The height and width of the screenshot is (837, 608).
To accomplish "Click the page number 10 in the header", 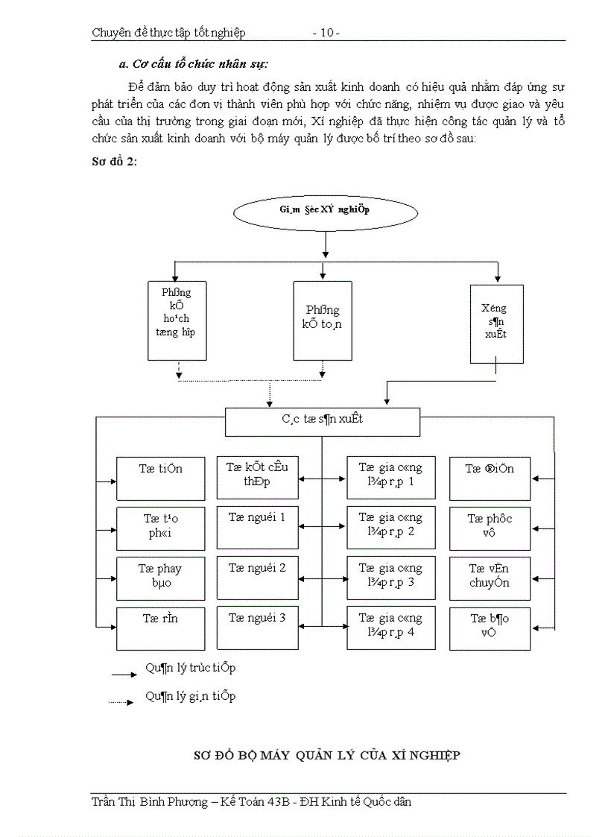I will click(326, 33).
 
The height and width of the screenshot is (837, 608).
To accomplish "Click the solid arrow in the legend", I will click(124, 674).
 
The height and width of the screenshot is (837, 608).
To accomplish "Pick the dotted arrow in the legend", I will click(124, 701).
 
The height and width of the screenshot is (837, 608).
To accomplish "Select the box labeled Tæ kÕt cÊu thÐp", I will click(257, 477).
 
